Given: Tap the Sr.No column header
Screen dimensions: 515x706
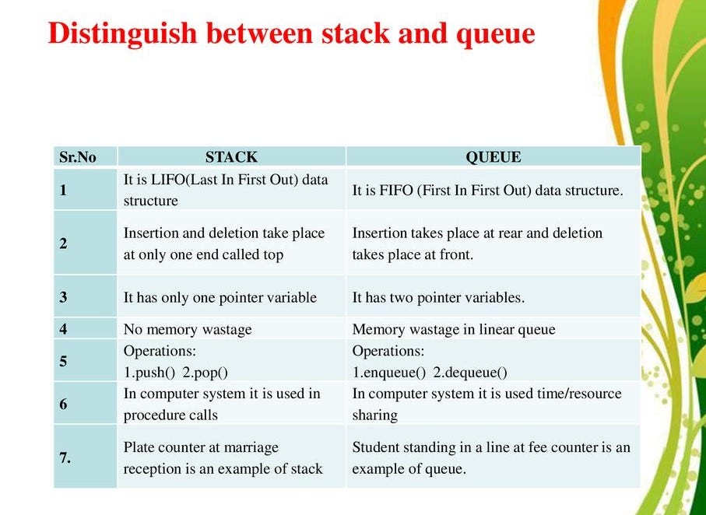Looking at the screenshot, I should click(78, 157).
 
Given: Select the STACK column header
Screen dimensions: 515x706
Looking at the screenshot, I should click(231, 157).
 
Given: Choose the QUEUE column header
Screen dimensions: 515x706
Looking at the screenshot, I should click(493, 157).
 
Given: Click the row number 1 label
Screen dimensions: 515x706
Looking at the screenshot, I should click(63, 190).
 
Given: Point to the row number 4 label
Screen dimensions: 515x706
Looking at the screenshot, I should click(63, 329).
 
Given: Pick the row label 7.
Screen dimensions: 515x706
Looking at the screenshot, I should click(65, 458).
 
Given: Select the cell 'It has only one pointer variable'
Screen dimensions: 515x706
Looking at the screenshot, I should click(220, 297).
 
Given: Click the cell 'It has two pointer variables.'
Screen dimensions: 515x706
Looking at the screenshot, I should click(439, 297).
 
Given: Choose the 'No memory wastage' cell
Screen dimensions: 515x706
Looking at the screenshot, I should click(188, 329).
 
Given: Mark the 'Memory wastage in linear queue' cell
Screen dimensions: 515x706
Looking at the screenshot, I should click(454, 329).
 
